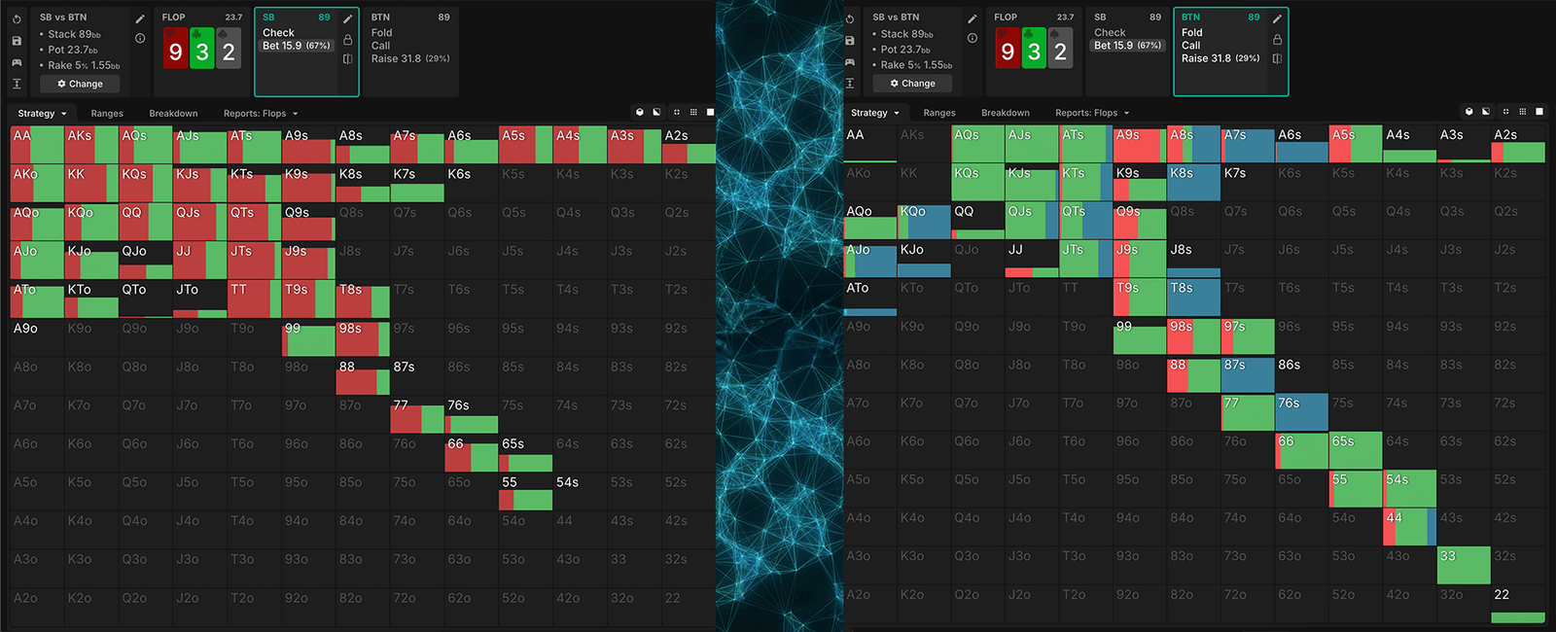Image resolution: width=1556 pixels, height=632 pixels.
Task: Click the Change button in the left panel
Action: [80, 84]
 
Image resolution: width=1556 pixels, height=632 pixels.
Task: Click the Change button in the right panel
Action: [912, 84]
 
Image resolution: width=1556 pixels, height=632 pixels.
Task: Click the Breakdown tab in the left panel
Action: [173, 114]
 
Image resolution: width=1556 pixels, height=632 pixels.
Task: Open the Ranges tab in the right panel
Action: [938, 113]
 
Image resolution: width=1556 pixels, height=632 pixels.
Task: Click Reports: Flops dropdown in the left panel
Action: [261, 114]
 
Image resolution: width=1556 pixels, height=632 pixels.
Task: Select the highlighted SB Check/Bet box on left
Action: [306, 52]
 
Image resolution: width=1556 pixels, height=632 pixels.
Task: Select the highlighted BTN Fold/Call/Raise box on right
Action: [1230, 52]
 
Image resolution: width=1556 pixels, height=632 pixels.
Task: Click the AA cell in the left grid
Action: [37, 145]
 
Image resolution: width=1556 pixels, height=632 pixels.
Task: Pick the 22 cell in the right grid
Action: [1517, 605]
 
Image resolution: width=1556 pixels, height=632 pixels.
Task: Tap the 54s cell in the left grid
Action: [580, 492]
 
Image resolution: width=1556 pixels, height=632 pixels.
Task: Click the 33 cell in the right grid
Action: [1463, 566]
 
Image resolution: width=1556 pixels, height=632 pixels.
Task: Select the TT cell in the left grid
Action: [254, 299]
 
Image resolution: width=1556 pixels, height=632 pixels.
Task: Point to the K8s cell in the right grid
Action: [1193, 183]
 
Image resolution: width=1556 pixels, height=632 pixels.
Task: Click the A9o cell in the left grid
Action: [37, 337]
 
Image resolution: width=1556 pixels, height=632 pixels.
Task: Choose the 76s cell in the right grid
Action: [1301, 412]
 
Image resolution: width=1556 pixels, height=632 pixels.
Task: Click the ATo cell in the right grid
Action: [869, 298]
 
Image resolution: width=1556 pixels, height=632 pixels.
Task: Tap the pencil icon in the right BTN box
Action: [1277, 18]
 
